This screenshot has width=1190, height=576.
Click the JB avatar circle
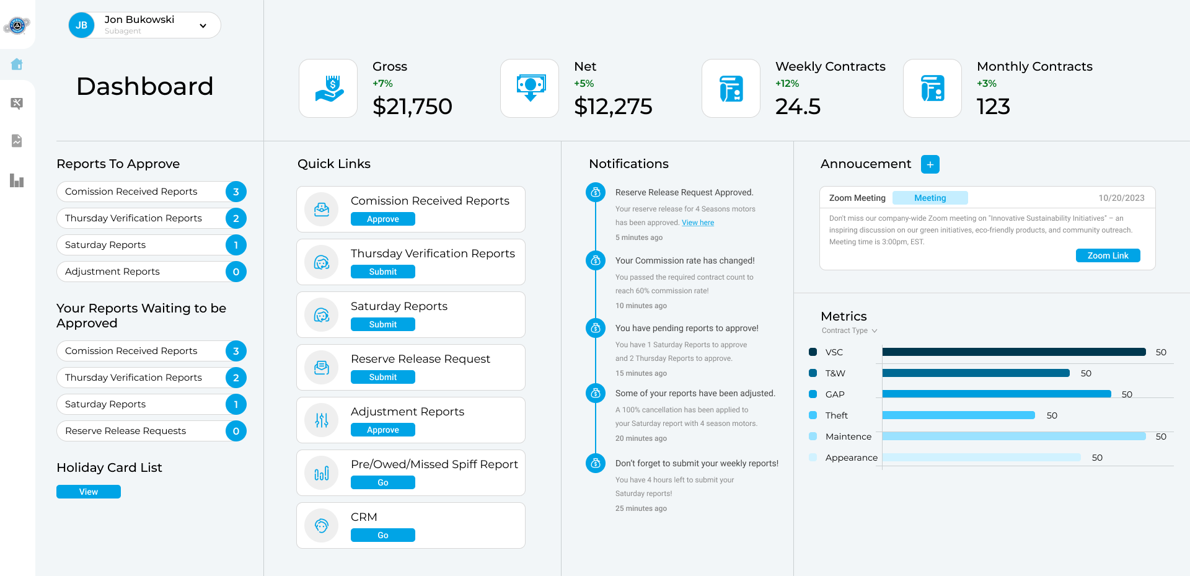pyautogui.click(x=81, y=25)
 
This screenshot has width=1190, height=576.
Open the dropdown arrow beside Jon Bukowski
pyautogui.click(x=203, y=26)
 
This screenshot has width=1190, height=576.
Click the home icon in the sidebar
pyautogui.click(x=17, y=64)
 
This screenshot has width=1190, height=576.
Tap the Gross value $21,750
pyautogui.click(x=412, y=107)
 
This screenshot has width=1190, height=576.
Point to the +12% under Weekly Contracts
pyautogui.click(x=787, y=84)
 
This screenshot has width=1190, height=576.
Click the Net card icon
pyautogui.click(x=530, y=88)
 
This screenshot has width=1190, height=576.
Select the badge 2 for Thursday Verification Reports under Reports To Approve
pyautogui.click(x=236, y=218)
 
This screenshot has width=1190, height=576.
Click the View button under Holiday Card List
pyautogui.click(x=88, y=492)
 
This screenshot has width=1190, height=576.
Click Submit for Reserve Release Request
pyautogui.click(x=382, y=377)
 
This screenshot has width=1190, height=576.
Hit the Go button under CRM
pyautogui.click(x=382, y=535)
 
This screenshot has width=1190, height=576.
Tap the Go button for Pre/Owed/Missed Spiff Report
pyautogui.click(x=382, y=482)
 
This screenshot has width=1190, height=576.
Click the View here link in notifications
pyautogui.click(x=698, y=223)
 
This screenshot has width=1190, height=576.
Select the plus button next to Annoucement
pyautogui.click(x=930, y=164)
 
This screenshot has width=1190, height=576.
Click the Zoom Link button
pyautogui.click(x=1108, y=255)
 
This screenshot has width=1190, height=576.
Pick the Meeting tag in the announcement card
pyautogui.click(x=930, y=198)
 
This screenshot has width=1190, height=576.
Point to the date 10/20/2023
pyautogui.click(x=1121, y=198)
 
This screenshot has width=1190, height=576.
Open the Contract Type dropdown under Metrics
pyautogui.click(x=849, y=330)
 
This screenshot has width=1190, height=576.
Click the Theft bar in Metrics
pyautogui.click(x=958, y=415)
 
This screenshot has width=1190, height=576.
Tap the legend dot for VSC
pyautogui.click(x=813, y=352)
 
